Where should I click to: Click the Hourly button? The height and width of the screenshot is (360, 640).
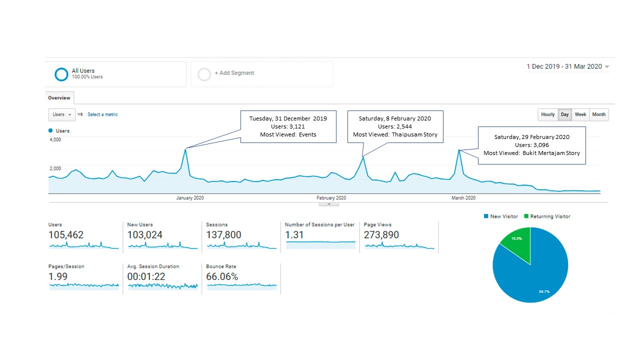tap(547, 114)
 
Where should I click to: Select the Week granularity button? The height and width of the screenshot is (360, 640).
tap(580, 114)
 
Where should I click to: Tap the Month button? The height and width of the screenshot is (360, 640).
tap(599, 114)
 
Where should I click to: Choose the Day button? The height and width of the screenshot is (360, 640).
tap(564, 114)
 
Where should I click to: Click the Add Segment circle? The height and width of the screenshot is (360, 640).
tap(204, 74)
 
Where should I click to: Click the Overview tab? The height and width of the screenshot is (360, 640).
tap(59, 97)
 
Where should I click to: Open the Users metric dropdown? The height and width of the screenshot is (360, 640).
tap(62, 114)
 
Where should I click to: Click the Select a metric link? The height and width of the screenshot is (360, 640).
tap(102, 114)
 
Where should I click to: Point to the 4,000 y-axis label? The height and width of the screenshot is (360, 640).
tap(55, 139)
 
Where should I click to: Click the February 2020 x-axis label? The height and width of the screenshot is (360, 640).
tap(331, 197)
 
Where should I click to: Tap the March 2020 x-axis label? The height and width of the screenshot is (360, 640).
tap(463, 197)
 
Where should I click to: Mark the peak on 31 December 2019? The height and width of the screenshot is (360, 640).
tap(185, 149)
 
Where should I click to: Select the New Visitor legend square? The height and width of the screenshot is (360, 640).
tap(486, 216)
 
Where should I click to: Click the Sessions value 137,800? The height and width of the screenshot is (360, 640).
tap(223, 235)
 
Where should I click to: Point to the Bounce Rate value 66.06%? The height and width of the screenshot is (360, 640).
tap(222, 276)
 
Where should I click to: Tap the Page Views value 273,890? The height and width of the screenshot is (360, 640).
tap(381, 235)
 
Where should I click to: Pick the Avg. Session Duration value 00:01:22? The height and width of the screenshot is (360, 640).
tap(146, 276)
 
